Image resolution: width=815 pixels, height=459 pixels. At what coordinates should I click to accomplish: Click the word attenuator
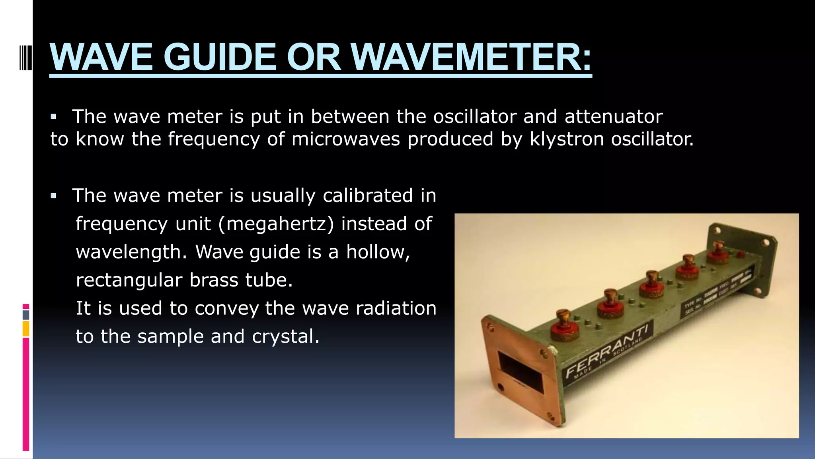click(613, 117)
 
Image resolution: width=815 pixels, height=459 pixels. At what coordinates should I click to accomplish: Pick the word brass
click(213, 280)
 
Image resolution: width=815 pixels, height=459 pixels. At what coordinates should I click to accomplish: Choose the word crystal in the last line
click(285, 337)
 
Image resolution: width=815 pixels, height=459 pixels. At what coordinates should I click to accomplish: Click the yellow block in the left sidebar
click(26, 329)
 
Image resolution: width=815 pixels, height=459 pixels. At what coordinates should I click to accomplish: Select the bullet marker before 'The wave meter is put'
click(54, 117)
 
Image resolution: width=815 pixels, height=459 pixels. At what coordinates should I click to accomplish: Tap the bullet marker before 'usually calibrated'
click(54, 196)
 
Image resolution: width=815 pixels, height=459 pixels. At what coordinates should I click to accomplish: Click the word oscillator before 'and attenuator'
click(474, 117)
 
